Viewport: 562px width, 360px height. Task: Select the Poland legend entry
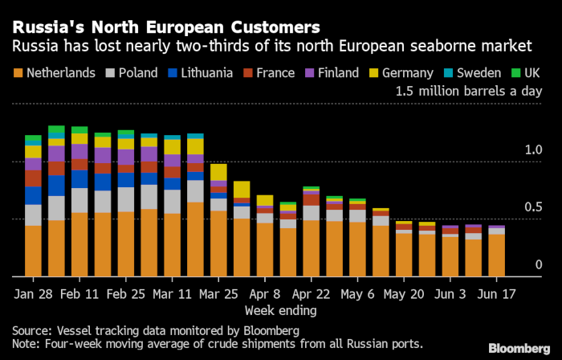(x=130, y=73)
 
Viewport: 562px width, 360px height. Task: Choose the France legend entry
(x=268, y=73)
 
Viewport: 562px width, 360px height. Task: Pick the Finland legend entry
(x=331, y=73)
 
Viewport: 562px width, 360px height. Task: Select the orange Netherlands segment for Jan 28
(x=33, y=250)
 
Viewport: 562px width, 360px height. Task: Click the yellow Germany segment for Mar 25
(x=218, y=172)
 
